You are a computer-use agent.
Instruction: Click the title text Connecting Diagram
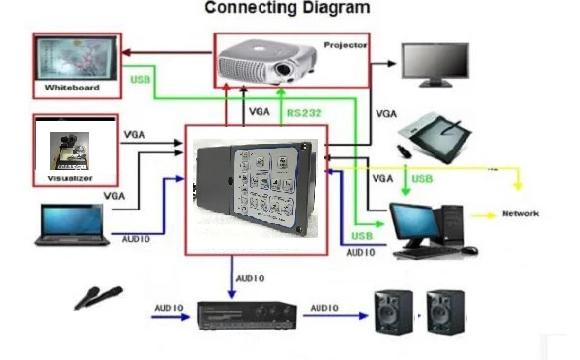point(287,9)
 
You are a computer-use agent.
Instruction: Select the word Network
point(521,213)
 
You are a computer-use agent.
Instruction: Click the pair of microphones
point(97,296)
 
